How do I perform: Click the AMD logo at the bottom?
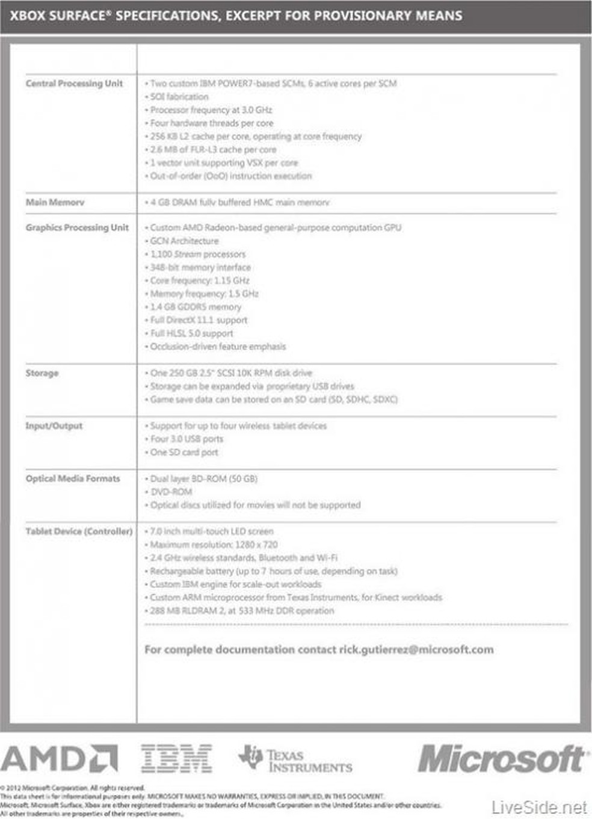pos(59,758)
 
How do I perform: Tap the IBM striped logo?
pos(176,758)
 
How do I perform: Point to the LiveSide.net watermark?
pos(539,808)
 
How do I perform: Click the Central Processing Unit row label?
pos(74,84)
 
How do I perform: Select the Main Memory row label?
pos(55,202)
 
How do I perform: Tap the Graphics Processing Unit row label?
pos(77,227)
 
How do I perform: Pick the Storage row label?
pos(42,373)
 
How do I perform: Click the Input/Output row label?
pos(54,426)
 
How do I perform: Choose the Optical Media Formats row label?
pos(73,479)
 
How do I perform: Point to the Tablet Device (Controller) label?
pos(79,531)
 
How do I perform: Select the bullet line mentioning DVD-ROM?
pos(171,492)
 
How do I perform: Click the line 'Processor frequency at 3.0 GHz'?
pos(211,110)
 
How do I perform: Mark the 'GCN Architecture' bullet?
pos(184,241)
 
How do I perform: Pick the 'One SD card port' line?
pos(184,453)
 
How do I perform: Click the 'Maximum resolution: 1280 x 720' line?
pos(214,545)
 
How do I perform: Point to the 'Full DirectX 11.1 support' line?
pos(199,320)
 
